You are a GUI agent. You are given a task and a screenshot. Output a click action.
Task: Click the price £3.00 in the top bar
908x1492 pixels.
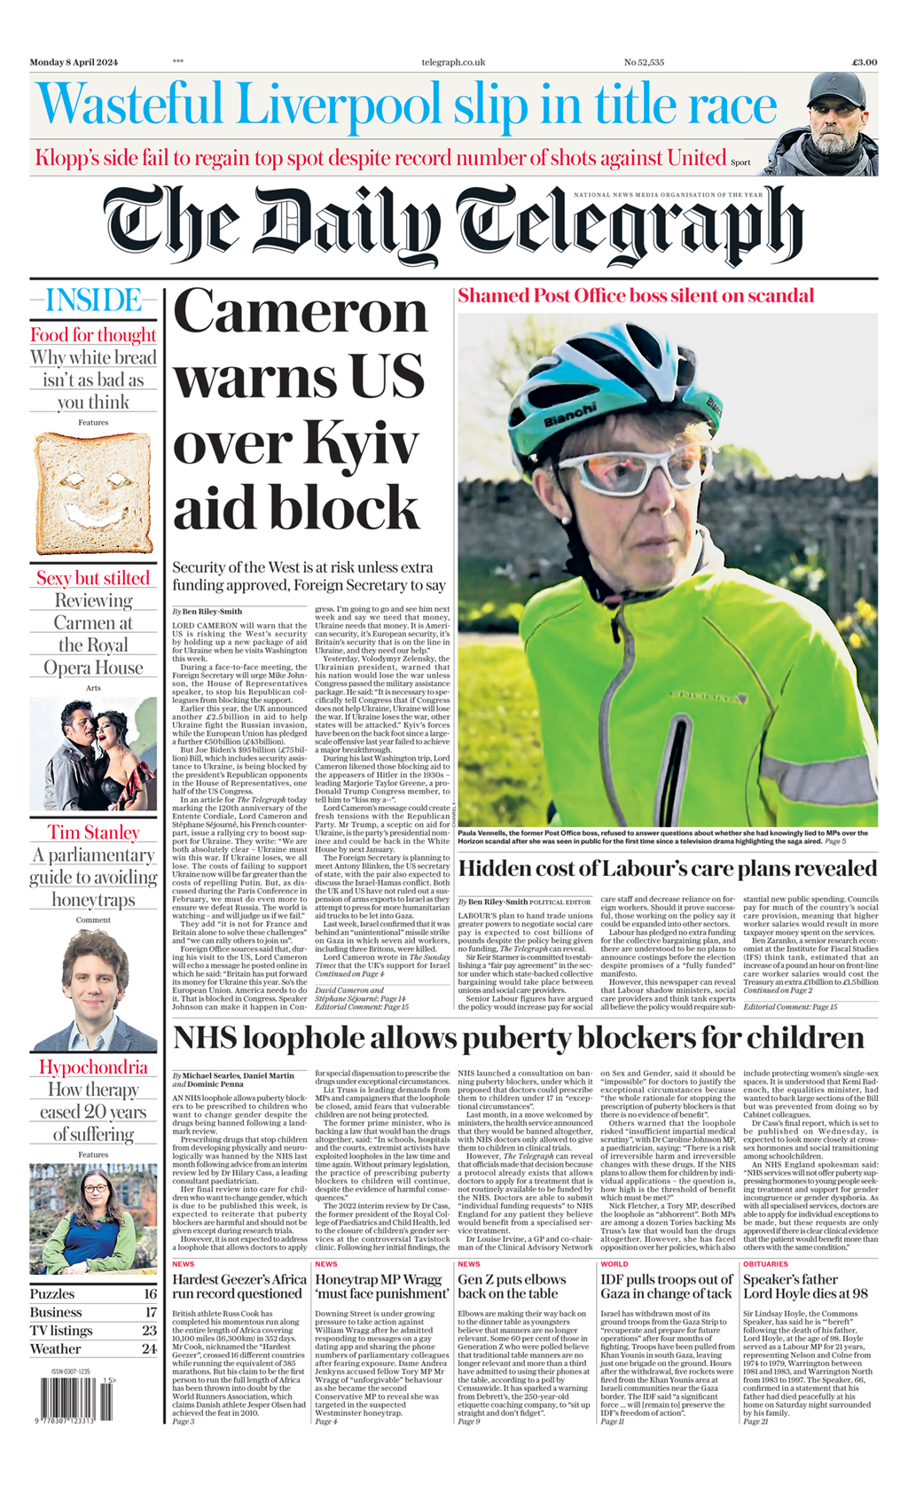pyautogui.click(x=864, y=62)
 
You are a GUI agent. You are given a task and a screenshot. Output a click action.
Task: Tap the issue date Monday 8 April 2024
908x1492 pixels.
pyautogui.click(x=74, y=62)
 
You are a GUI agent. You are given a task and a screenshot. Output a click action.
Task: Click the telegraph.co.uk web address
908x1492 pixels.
pyautogui.click(x=453, y=62)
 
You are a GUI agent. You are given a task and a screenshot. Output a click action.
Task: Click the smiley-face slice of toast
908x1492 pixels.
pyautogui.click(x=92, y=493)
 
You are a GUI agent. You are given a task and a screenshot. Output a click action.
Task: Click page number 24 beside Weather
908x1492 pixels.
pyautogui.click(x=149, y=1348)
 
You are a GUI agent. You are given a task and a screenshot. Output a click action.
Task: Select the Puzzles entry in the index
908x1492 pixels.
pyautogui.click(x=52, y=1293)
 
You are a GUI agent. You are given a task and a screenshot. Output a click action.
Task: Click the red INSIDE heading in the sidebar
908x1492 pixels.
pyautogui.click(x=93, y=301)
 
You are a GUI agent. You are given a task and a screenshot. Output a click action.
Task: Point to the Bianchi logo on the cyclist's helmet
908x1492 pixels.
pyautogui.click(x=569, y=414)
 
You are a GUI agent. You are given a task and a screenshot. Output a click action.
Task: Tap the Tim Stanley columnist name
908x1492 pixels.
pyautogui.click(x=93, y=832)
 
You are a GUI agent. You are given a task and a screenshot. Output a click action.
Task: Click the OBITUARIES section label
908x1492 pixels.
pyautogui.click(x=765, y=1264)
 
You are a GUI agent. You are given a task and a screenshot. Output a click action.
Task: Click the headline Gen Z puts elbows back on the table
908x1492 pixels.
pyautogui.click(x=512, y=1286)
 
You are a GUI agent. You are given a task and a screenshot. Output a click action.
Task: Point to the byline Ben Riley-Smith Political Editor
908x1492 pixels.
pyautogui.click(x=523, y=902)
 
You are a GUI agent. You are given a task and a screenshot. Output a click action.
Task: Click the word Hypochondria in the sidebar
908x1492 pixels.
pyautogui.click(x=93, y=1067)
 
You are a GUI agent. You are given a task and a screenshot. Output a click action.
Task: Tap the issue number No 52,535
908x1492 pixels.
pyautogui.click(x=644, y=62)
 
